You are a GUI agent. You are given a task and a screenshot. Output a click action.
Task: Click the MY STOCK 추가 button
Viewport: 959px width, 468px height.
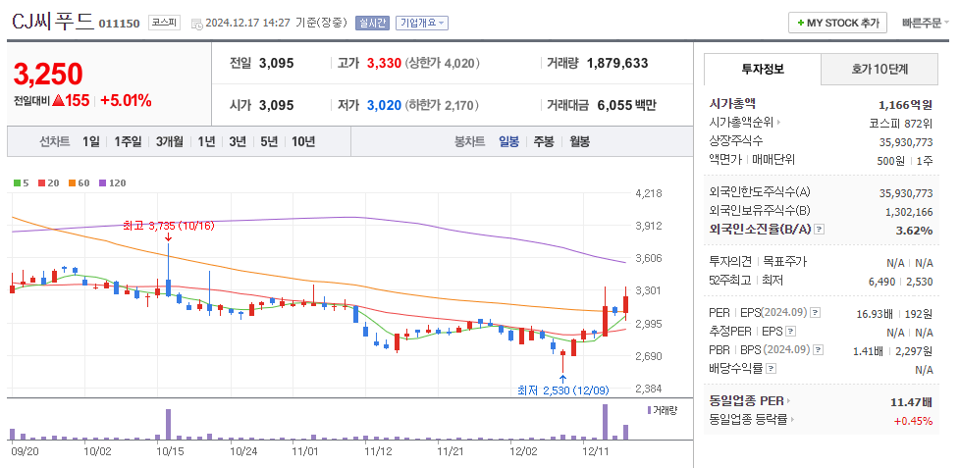837,23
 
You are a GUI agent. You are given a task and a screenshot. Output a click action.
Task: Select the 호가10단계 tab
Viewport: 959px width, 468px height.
879,70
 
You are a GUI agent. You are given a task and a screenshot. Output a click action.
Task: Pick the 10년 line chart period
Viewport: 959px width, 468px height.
303,141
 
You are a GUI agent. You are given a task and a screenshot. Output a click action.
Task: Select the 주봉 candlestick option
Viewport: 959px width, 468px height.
543,141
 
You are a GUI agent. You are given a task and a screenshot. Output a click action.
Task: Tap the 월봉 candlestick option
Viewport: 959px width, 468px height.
579,141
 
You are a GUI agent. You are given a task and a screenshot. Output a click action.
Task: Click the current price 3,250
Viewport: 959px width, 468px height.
48,74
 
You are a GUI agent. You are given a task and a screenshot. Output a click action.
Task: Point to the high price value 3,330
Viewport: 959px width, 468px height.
384,63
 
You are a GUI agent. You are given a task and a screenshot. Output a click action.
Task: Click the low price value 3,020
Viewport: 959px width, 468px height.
384,105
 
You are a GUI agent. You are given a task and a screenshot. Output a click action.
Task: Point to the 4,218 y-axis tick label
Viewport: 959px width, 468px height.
650,193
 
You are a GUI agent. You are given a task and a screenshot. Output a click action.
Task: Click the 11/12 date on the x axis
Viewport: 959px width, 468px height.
377,452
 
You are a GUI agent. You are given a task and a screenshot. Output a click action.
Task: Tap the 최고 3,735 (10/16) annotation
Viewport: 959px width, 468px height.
168,226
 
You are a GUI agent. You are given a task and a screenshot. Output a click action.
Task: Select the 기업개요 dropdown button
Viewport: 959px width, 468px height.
422,23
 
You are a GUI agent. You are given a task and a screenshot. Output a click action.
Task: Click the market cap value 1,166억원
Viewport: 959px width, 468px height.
905,104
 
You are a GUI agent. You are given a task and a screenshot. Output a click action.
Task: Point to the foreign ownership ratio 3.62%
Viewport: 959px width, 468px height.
914,231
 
